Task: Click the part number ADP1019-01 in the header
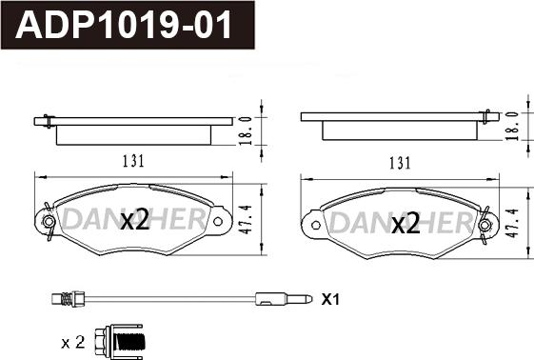124,25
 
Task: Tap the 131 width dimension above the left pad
133,161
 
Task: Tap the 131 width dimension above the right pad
400,163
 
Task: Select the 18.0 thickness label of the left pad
246,130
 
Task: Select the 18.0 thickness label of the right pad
512,126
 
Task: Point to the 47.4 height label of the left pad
246,219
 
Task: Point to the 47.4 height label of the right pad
512,223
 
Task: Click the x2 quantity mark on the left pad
135,220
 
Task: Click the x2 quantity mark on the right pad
405,223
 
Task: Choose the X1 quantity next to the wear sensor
330,299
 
